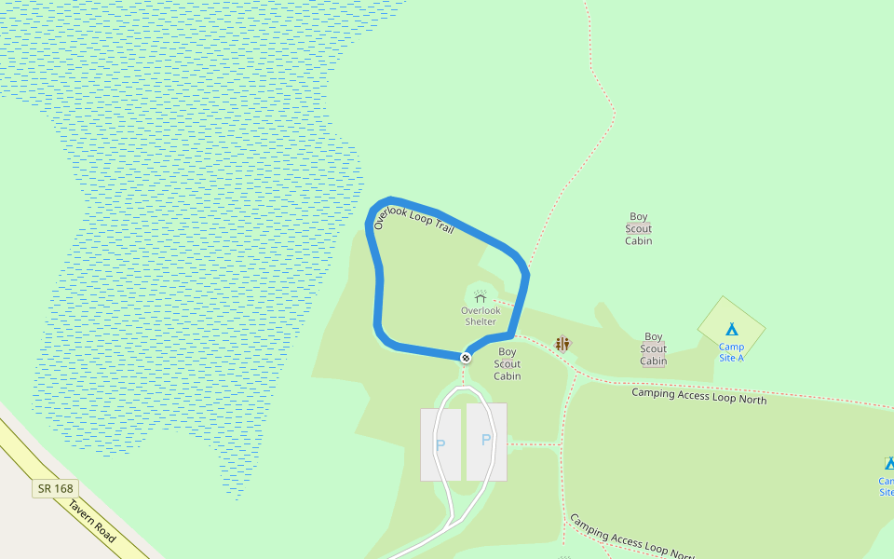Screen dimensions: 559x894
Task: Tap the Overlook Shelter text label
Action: point(481,316)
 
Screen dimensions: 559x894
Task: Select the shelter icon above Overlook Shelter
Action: point(481,296)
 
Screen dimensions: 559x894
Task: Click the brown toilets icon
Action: point(562,344)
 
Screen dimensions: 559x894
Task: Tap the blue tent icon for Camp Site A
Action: point(731,329)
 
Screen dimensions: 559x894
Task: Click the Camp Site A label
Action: point(731,352)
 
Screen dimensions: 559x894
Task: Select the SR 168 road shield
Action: point(56,488)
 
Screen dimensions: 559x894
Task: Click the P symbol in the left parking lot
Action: point(440,445)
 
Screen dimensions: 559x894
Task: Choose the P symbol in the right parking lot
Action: point(486,440)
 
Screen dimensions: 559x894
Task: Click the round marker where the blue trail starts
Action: point(466,358)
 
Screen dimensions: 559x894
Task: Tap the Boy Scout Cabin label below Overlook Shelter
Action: point(507,364)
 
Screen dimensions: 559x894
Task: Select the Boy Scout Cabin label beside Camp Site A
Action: point(654,349)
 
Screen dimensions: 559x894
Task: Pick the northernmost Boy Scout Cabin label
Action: point(639,229)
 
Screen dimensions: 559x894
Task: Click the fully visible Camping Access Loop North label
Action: point(698,396)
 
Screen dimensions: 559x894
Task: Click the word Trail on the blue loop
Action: point(444,225)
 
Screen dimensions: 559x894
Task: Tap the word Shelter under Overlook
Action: point(481,321)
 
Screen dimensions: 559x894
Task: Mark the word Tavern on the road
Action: point(82,511)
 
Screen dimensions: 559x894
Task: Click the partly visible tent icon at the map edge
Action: point(889,463)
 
